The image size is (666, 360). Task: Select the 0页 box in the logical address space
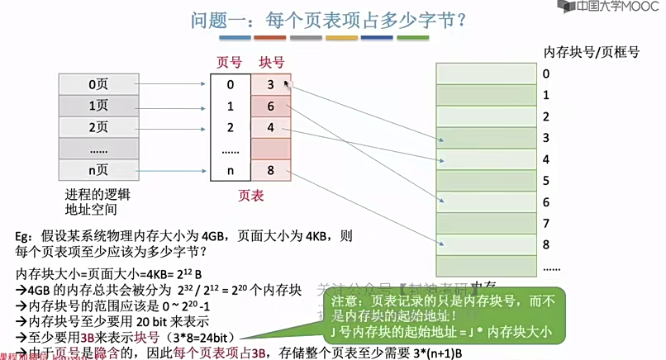pyautogui.click(x=98, y=83)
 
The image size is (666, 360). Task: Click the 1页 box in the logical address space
pyautogui.click(x=98, y=106)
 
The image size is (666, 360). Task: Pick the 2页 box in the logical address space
pyautogui.click(x=98, y=127)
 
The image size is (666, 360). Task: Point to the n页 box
pyautogui.click(x=98, y=171)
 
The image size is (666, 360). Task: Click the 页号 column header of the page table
pyautogui.click(x=229, y=62)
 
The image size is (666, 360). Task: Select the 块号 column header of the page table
pyautogui.click(x=271, y=62)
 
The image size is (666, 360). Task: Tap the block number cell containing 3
pyautogui.click(x=270, y=84)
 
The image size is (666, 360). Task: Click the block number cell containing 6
pyautogui.click(x=270, y=106)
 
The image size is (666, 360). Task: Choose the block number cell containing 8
pyautogui.click(x=270, y=171)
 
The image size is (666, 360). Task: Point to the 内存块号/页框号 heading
pyautogui.click(x=592, y=52)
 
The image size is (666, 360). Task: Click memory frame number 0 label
pyautogui.click(x=546, y=73)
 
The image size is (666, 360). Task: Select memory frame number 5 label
pyautogui.click(x=546, y=180)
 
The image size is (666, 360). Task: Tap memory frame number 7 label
pyautogui.click(x=546, y=223)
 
